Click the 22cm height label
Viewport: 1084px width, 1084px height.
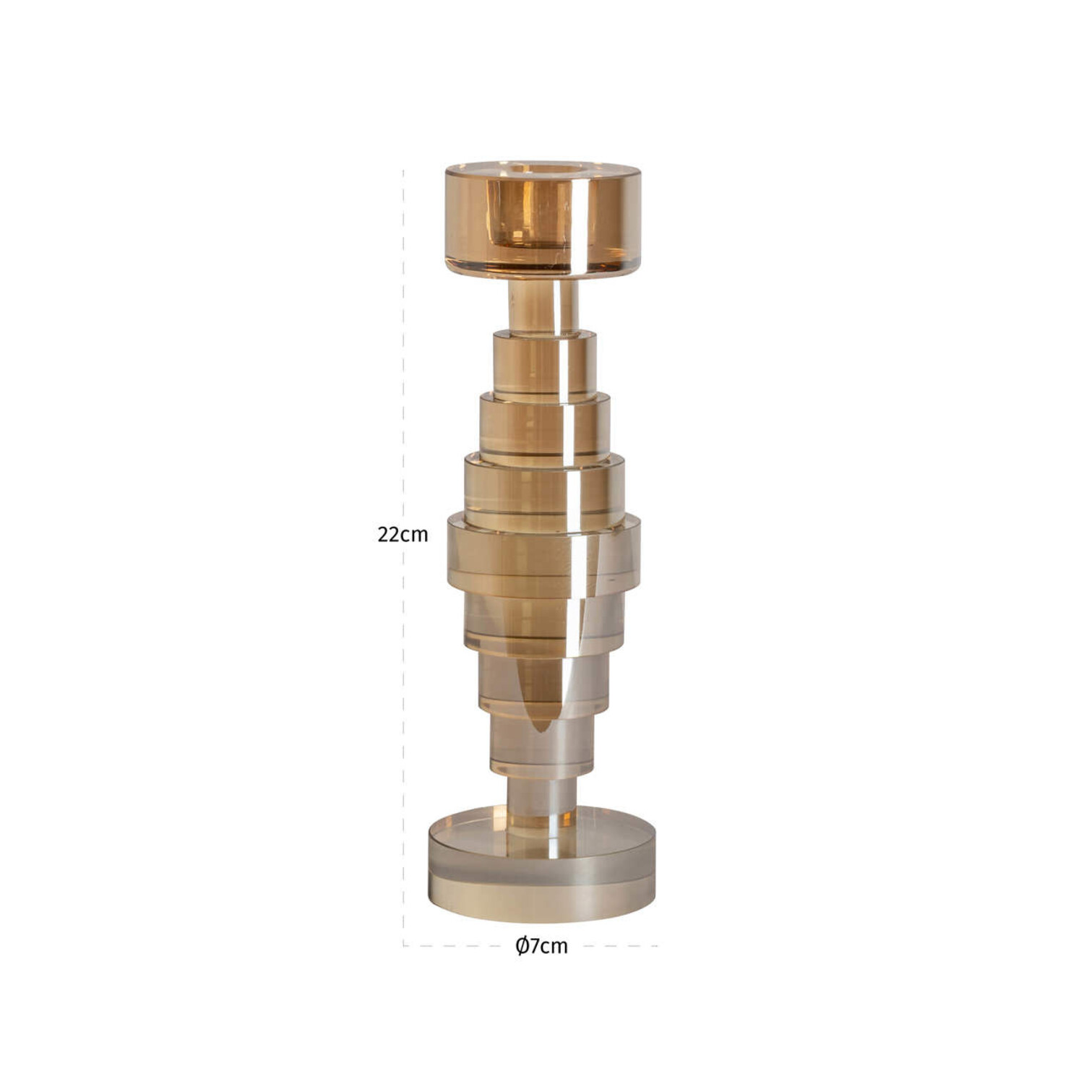(x=403, y=535)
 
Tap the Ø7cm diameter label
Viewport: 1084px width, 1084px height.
(x=541, y=946)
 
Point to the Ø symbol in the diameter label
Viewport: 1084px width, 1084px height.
(x=522, y=946)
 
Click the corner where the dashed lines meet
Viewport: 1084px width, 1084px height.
(x=403, y=945)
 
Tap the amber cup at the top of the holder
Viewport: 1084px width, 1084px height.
(x=543, y=220)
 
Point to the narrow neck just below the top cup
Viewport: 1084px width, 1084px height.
(x=543, y=306)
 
